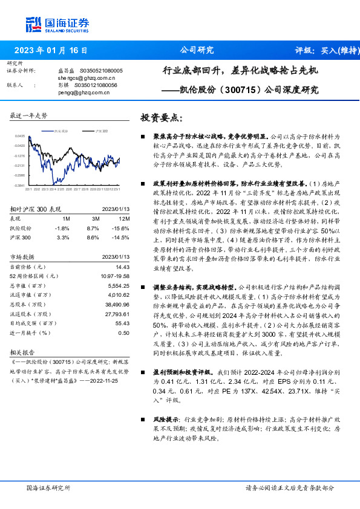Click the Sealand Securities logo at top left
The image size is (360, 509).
pyautogui.click(x=57, y=25)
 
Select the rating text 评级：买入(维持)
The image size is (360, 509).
pyautogui.click(x=324, y=50)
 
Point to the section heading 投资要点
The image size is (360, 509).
pyautogui.click(x=160, y=117)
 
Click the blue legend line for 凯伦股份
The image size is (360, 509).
pyautogui.click(x=46, y=131)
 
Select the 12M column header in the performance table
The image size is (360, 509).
pyautogui.click(x=124, y=218)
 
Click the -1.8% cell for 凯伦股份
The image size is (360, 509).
pyautogui.click(x=62, y=228)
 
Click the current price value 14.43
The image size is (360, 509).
pyautogui.click(x=122, y=267)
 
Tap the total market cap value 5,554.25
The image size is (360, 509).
pyautogui.click(x=117, y=285)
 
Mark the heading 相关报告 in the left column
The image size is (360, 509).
pyautogui.click(x=23, y=351)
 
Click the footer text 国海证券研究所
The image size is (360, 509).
pyautogui.click(x=48, y=487)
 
